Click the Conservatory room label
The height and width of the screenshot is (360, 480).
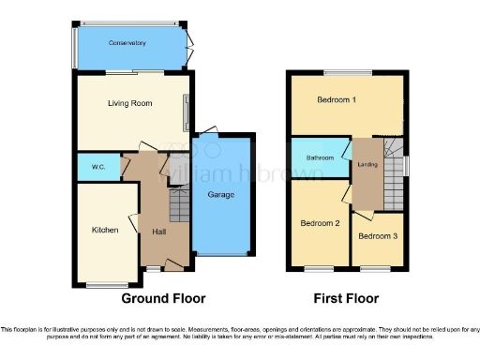pyautogui.click(x=127, y=43)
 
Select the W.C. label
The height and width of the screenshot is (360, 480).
pyautogui.click(x=97, y=168)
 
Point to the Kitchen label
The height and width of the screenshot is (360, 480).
pyautogui.click(x=105, y=230)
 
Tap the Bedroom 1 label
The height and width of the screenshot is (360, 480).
pyautogui.click(x=337, y=99)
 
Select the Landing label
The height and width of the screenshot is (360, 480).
pyautogui.click(x=367, y=165)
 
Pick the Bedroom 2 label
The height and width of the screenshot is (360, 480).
pyautogui.click(x=320, y=223)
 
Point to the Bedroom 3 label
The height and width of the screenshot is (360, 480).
pyautogui.click(x=377, y=235)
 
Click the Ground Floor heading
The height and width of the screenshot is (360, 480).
pyautogui.click(x=163, y=298)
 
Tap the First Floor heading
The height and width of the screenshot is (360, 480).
pyautogui.click(x=347, y=298)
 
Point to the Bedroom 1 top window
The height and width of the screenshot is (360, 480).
pyautogui.click(x=349, y=72)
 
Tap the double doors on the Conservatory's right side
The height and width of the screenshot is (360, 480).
pyautogui.click(x=189, y=43)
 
